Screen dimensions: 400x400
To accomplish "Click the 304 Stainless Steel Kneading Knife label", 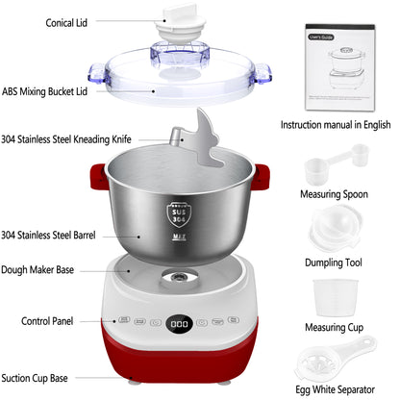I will coord(66,138).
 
